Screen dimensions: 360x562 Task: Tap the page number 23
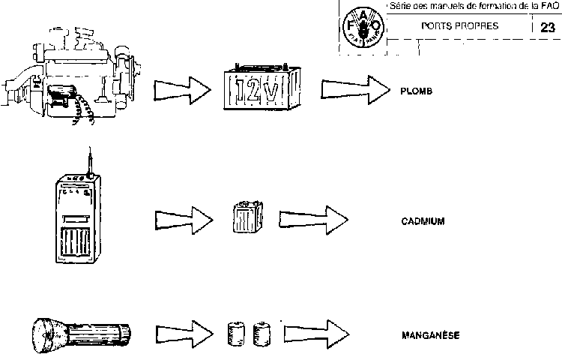[548, 28]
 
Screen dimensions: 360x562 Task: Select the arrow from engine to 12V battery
[184, 91]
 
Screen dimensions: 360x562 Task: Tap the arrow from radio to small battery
[184, 220]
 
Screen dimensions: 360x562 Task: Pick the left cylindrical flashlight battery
[236, 332]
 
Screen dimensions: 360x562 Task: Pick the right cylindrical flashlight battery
[262, 332]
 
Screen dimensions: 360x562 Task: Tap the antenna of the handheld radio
[89, 158]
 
